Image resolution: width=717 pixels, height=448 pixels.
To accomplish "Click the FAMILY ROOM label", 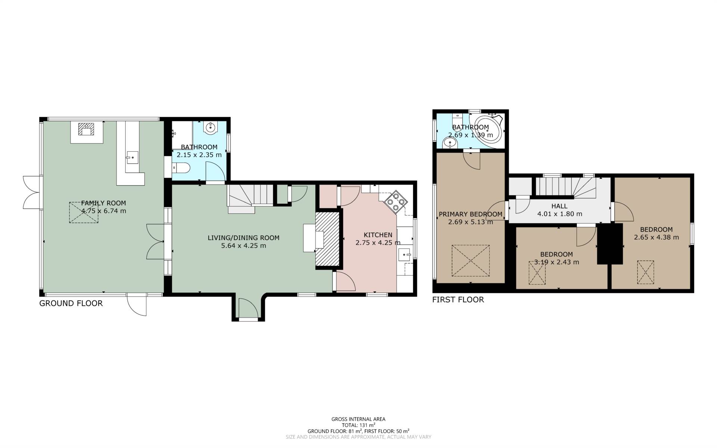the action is [103, 203].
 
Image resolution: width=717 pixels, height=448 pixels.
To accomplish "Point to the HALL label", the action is [559, 206].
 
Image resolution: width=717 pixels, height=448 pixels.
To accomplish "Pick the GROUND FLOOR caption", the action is [71, 303].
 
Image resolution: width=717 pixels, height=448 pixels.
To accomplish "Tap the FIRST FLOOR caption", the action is [458, 300].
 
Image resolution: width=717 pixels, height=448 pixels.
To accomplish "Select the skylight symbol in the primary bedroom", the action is [471, 261].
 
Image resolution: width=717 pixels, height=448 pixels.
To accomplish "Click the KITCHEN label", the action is [378, 235].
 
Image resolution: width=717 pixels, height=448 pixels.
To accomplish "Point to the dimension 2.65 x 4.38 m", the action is [656, 237].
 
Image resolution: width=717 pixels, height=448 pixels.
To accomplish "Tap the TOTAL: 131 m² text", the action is [358, 425].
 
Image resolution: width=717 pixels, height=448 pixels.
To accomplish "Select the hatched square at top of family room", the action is [87, 129].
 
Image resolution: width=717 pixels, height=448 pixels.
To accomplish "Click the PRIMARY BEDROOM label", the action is [471, 214].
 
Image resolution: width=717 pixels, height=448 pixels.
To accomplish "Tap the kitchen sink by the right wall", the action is [405, 255].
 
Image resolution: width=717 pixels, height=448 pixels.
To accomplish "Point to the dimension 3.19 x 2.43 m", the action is [556, 262].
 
